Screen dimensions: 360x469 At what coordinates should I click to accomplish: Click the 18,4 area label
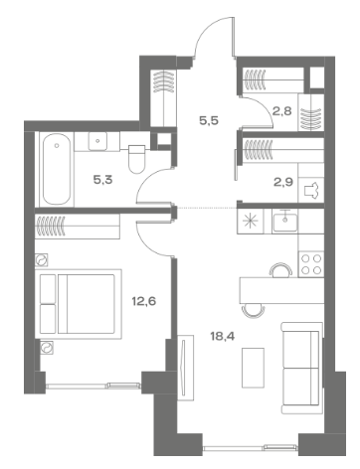pyautogui.click(x=223, y=337)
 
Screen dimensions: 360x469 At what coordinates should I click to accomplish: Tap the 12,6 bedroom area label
pyautogui.click(x=144, y=301)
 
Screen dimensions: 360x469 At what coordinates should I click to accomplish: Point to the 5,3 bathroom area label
pyautogui.click(x=102, y=180)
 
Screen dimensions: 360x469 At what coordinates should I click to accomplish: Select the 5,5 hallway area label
pyautogui.click(x=209, y=120)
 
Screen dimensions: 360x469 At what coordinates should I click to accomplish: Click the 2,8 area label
pyautogui.click(x=282, y=111)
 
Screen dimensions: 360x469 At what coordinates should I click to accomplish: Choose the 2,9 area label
pyautogui.click(x=283, y=182)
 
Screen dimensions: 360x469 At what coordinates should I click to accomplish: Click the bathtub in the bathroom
pyautogui.click(x=57, y=169)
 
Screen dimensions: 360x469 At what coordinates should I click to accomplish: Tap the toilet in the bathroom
pyautogui.click(x=136, y=159)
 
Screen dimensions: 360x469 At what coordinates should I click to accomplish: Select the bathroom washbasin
pyautogui.click(x=97, y=141)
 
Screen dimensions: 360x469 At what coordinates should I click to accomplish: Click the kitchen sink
pyautogui.click(x=284, y=222)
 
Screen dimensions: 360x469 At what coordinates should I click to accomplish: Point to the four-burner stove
pyautogui.click(x=311, y=264)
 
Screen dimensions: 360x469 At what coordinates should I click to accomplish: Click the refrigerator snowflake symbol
pyautogui.click(x=251, y=222)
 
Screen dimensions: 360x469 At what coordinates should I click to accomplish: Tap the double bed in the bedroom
pyautogui.click(x=79, y=304)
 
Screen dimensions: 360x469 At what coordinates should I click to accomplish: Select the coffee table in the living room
pyautogui.click(x=253, y=368)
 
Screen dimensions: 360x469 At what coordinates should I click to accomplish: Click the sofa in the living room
pyautogui.click(x=301, y=368)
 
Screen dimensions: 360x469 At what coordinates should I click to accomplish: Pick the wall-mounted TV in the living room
pyautogui.click(x=185, y=368)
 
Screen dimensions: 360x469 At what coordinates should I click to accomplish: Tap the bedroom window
pyautogui.click(x=93, y=386)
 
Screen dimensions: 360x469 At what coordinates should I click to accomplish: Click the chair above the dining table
pyautogui.click(x=281, y=270)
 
